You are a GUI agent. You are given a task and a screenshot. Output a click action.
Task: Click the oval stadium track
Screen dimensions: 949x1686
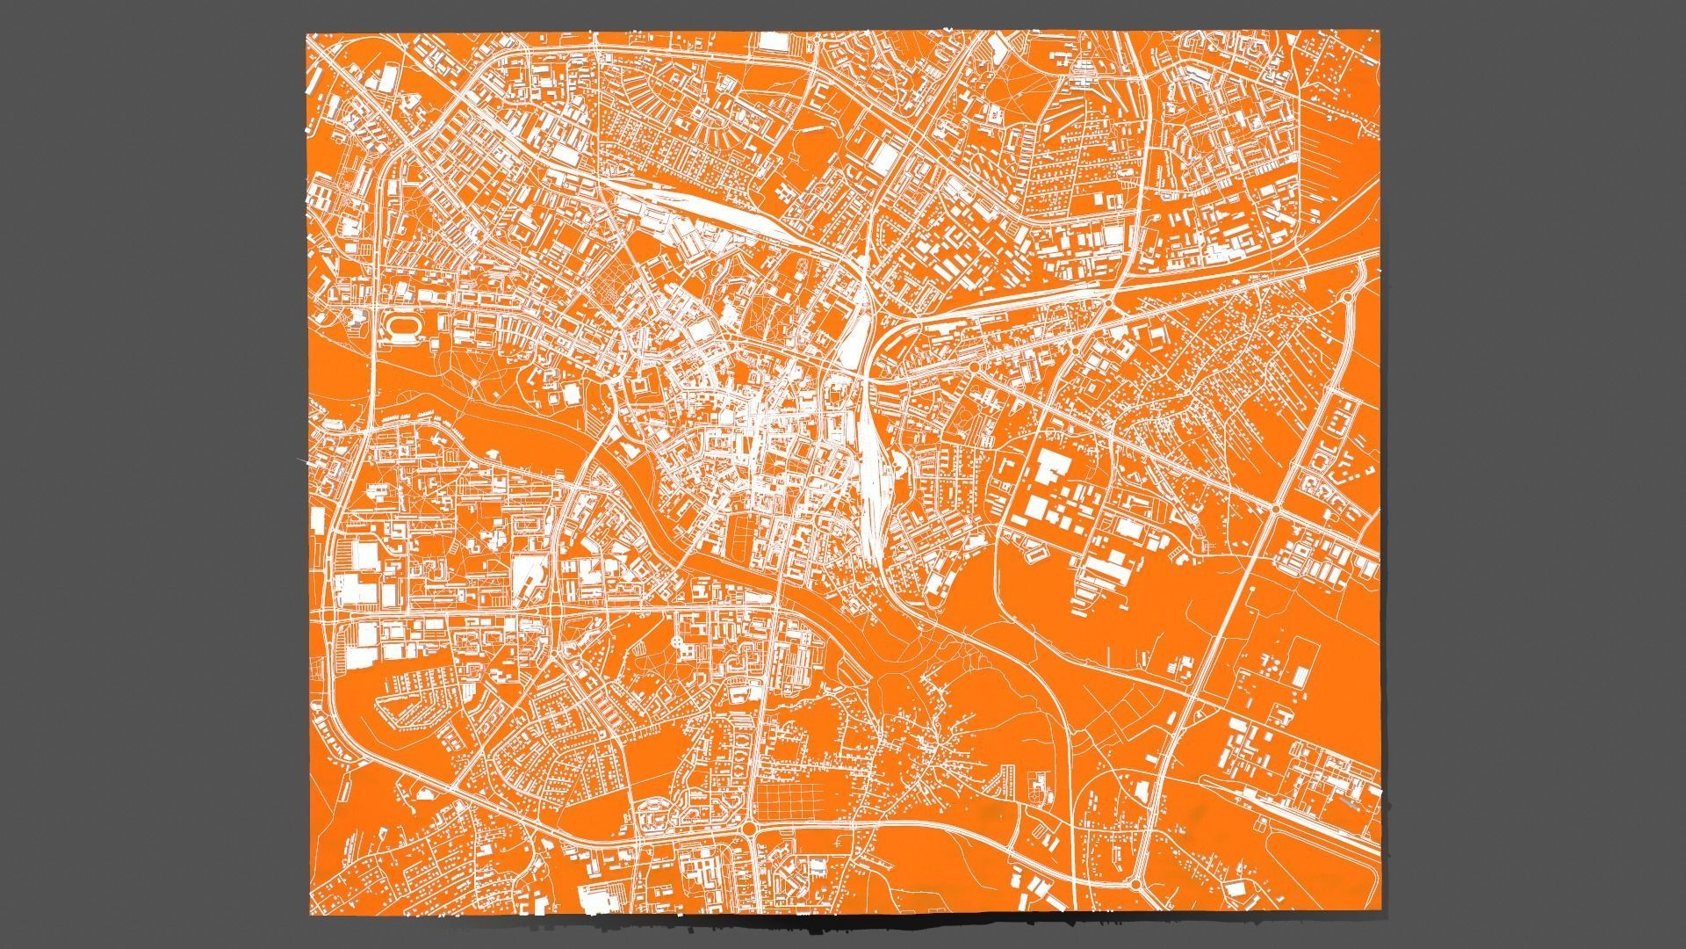(x=404, y=327)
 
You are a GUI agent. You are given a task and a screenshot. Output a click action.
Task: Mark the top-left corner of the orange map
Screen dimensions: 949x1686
(x=306, y=34)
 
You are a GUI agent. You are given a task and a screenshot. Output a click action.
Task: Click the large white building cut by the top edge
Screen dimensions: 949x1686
(x=772, y=41)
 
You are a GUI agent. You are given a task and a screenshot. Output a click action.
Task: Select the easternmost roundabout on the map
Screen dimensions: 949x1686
(x=1350, y=297)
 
